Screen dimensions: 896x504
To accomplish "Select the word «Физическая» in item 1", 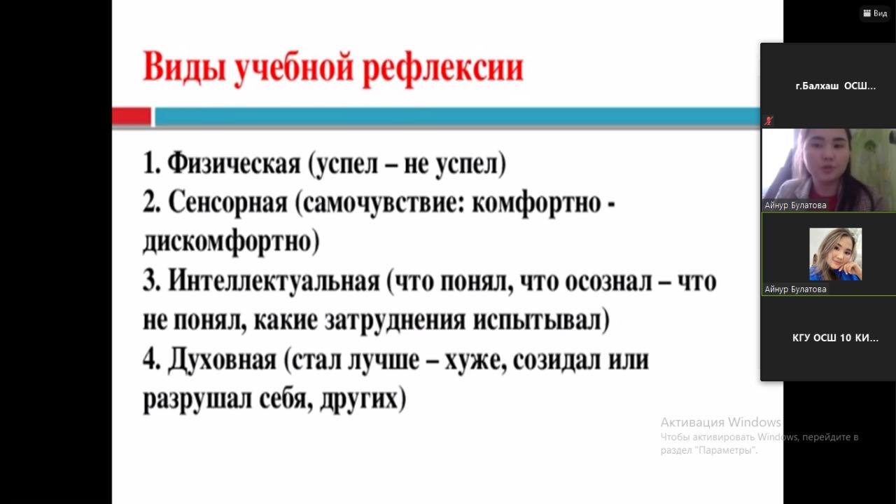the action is tap(234, 163).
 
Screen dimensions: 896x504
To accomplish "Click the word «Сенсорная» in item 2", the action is tap(227, 203).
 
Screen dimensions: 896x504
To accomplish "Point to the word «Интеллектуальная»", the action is tap(274, 281).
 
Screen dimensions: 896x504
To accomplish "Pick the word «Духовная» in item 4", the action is tap(222, 360).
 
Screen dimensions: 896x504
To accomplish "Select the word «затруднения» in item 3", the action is tap(395, 320).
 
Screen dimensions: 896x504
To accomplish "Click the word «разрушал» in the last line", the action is tap(197, 399).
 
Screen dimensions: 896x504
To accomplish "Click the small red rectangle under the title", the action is tap(131, 116).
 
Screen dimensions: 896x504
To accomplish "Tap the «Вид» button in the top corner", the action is tap(875, 13).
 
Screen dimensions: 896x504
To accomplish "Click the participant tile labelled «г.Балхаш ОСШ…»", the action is tap(828, 86).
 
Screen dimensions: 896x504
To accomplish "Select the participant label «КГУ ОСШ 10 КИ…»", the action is tap(835, 338).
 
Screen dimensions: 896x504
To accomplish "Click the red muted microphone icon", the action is tap(769, 120).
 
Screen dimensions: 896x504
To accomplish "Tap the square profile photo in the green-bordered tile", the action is tap(835, 254).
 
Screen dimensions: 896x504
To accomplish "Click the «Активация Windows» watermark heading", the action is tap(720, 422).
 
